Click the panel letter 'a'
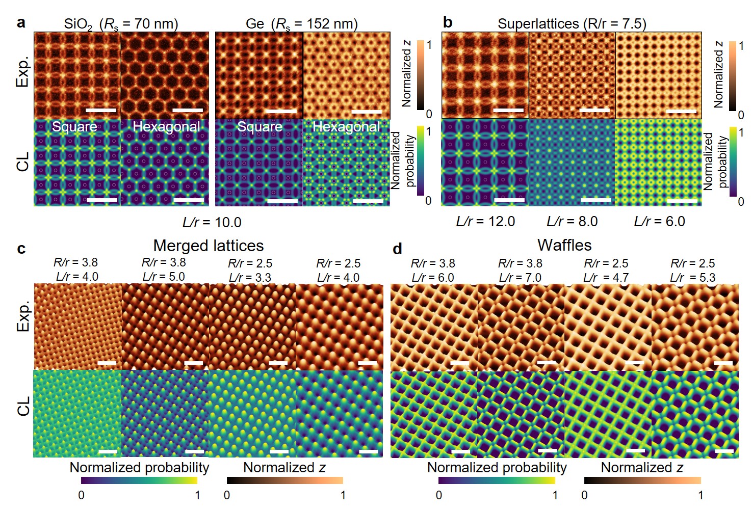click(20, 22)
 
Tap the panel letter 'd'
click(397, 249)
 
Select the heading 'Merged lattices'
click(208, 246)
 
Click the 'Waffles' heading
click(564, 246)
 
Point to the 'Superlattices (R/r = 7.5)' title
click(572, 24)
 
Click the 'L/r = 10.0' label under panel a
click(212, 223)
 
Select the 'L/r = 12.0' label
click(485, 222)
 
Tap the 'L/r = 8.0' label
click(572, 222)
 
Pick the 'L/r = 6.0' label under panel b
click(659, 222)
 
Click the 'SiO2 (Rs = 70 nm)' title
click(121, 24)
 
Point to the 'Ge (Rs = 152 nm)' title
click(301, 24)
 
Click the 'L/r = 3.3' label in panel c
click(250, 278)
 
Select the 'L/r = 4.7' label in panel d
click(606, 278)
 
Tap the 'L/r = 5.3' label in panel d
click(693, 278)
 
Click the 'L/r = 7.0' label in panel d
click(520, 278)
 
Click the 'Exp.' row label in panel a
click(23, 72)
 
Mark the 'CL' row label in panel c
click(23, 407)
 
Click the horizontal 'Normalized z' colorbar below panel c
click(284, 480)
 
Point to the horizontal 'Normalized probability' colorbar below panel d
click(497, 480)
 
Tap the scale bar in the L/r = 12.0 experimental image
click(508, 110)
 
